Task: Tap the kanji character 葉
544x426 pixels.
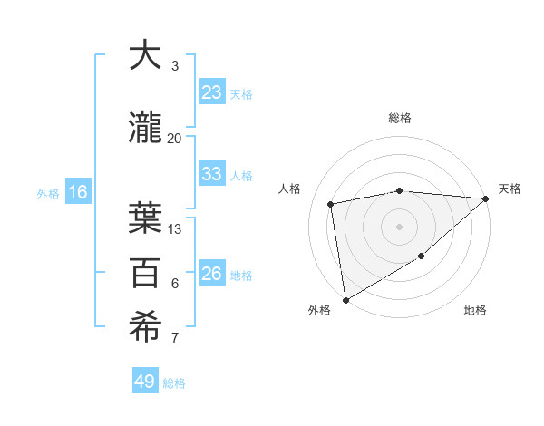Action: (145, 218)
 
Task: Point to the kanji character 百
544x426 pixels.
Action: (145, 273)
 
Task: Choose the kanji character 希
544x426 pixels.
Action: (145, 328)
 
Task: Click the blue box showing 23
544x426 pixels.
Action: (212, 92)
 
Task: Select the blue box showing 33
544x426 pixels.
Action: (212, 174)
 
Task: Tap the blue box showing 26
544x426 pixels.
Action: (212, 274)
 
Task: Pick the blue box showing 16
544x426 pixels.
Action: (78, 192)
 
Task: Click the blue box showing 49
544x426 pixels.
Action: (145, 382)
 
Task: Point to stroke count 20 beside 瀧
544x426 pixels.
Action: (175, 138)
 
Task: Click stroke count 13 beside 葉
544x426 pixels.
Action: (175, 229)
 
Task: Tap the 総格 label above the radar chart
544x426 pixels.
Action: (400, 118)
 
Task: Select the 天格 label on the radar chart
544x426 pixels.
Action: (510, 189)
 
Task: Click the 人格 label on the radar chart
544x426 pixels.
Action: (290, 189)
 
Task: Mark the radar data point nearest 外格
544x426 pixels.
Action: (345, 299)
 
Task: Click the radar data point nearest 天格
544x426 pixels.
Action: (485, 198)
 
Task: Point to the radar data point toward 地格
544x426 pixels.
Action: (421, 257)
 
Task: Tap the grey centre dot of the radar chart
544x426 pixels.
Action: (399, 226)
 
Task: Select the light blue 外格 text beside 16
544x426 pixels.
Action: (47, 193)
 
